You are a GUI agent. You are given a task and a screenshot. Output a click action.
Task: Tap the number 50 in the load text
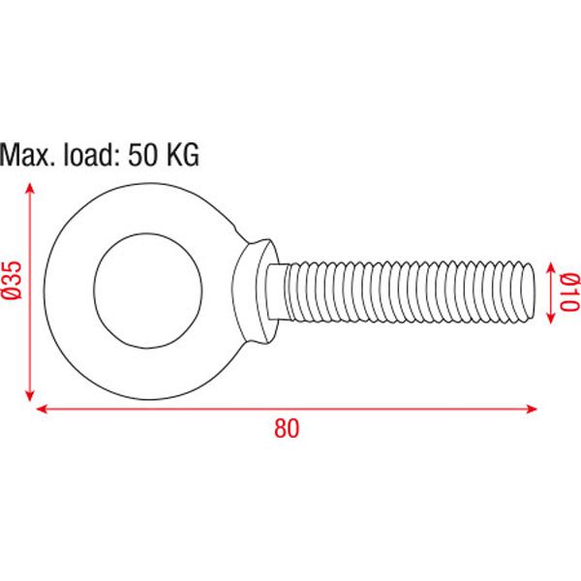pos(142,155)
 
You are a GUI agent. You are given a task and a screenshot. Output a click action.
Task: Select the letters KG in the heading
pos(183,155)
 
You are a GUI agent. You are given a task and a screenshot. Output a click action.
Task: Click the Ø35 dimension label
pos(13,280)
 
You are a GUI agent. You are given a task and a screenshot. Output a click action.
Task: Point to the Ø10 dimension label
pos(568,292)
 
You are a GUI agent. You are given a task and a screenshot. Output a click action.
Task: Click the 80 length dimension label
pos(287,429)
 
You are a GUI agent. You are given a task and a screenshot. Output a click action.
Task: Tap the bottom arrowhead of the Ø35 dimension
pos(30,395)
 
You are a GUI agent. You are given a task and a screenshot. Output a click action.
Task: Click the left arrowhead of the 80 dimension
pos(41,409)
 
